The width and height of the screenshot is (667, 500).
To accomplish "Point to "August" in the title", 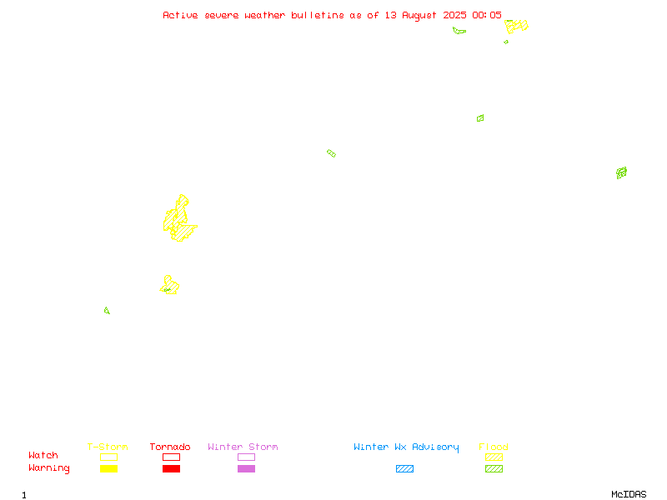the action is point(419,16).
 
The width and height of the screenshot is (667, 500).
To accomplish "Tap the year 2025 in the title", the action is point(454,15).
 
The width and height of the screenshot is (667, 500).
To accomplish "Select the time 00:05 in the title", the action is point(487,15).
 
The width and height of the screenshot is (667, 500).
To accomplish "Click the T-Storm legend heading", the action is point(108,447).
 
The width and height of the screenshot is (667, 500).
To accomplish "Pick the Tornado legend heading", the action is point(170,447).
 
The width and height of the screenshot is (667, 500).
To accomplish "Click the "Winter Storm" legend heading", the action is point(243,447).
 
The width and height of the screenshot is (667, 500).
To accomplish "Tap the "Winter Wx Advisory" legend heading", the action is point(406,447).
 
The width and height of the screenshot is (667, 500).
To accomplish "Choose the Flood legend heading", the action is point(494,447).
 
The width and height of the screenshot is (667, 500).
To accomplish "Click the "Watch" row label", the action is point(43,455).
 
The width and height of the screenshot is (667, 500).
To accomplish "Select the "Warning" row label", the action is point(49,468).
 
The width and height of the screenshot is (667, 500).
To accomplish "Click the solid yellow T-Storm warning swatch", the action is point(109,468).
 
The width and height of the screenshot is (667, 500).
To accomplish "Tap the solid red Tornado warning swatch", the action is point(172,468).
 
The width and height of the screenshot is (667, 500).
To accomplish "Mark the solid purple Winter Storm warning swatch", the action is point(246,468).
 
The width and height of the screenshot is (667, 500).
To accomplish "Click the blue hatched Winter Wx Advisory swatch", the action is point(404,468).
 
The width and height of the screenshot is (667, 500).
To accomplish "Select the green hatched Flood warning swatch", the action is point(494,468).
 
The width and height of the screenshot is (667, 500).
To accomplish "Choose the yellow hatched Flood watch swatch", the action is point(494,457).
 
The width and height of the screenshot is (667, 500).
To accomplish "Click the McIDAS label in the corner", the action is point(629,494).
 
